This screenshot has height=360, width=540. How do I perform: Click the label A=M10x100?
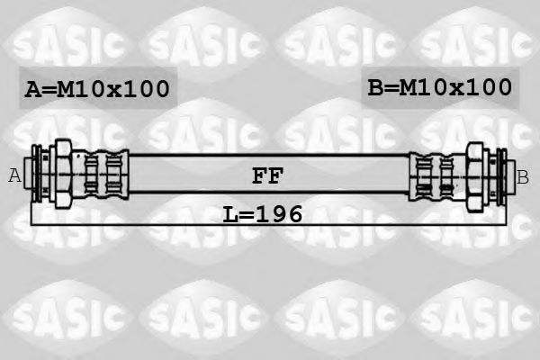pos(97,89)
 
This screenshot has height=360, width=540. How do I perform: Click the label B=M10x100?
pos(440,87)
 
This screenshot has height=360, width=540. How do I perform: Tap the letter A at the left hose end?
pos(14,175)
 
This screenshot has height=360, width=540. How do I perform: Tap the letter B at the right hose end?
pos(523,177)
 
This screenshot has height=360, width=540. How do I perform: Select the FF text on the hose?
pos(267,176)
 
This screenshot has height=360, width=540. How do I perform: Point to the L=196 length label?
pos(263,214)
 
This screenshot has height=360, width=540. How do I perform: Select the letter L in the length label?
pos(230,214)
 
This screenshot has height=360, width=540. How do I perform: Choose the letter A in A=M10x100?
pos(32,89)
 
